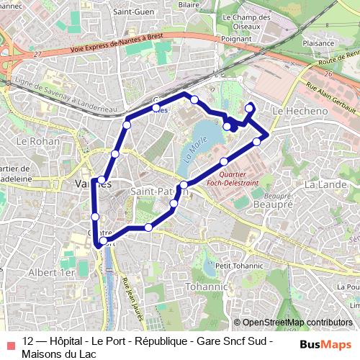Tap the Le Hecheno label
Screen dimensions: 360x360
point(301,112)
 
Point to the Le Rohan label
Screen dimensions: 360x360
point(31,141)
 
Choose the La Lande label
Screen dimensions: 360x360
point(322,185)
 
